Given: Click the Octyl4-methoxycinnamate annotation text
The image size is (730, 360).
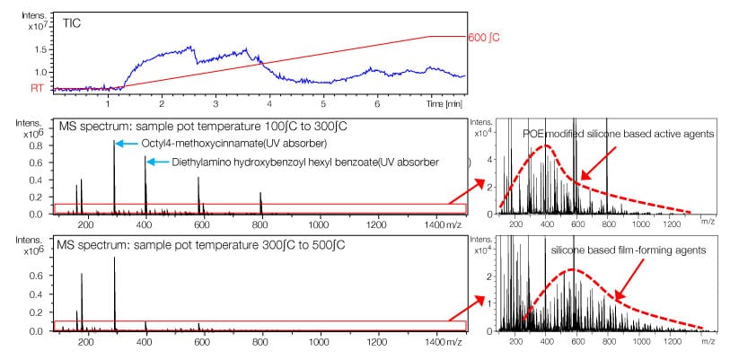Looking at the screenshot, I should click(233, 144).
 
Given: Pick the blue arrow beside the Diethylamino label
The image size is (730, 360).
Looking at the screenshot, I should click(157, 162).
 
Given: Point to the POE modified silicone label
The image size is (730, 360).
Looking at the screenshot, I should click(617, 133).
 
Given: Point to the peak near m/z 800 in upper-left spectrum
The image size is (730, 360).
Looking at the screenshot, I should click(261, 193).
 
